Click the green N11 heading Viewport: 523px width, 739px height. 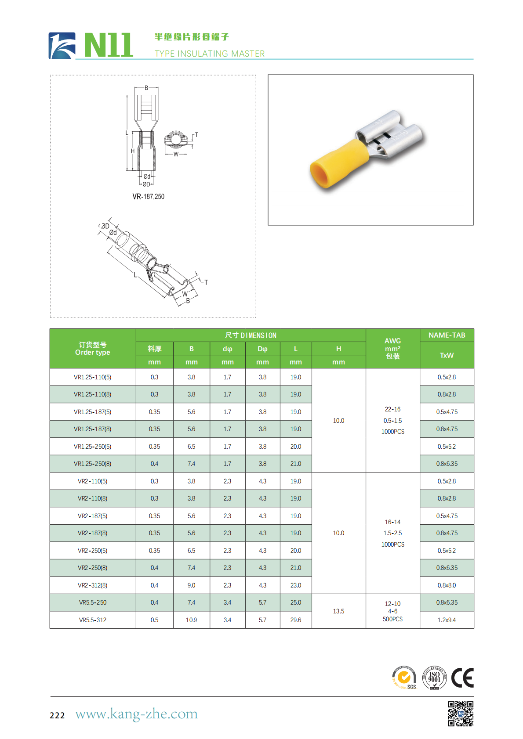tap(108, 45)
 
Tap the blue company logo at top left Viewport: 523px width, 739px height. tap(62, 46)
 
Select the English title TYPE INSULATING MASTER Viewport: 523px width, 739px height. tap(210, 54)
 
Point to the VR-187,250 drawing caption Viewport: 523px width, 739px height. tap(148, 197)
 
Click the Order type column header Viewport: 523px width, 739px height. tap(93, 349)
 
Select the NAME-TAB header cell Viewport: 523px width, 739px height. tap(447, 335)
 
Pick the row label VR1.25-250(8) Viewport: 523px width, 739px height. tap(92, 464)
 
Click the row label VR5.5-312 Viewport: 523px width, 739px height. tap(93, 620)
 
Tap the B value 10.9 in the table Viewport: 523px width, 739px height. tap(191, 620)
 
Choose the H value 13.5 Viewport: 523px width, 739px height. tap(338, 611)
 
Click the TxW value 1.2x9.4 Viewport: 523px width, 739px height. tap(447, 620)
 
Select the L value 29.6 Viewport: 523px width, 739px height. tap(296, 620)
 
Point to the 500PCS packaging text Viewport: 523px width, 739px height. tap(392, 619)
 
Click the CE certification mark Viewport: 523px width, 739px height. tap(462, 678)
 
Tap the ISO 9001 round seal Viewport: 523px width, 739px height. tap(434, 678)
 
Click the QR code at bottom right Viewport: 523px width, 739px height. tap(461, 714)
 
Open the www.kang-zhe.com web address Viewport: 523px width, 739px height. tap(136, 714)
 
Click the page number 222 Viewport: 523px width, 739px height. tap(57, 715)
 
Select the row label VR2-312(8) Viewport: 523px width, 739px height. tap(92, 585)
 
